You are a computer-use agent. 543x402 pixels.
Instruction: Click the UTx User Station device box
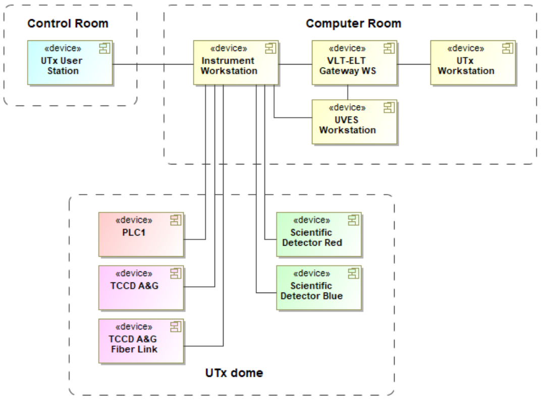tap(70, 63)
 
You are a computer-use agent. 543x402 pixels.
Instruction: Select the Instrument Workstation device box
tap(236, 63)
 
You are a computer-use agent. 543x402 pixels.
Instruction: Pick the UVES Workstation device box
tap(354, 122)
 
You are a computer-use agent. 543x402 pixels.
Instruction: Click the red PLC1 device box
tap(141, 235)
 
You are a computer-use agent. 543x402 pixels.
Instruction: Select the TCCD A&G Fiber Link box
tap(141, 341)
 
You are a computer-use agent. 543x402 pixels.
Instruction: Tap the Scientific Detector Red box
tap(319, 235)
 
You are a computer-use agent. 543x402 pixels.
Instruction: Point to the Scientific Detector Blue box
tap(319, 288)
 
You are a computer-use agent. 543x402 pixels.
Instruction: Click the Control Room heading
tap(68, 24)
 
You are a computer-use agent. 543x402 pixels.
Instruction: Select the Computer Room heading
tap(353, 24)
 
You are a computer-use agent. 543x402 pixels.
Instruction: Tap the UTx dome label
tap(234, 373)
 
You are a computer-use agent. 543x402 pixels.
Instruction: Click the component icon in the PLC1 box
tap(176, 219)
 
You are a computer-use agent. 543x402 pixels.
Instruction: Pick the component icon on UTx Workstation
tap(508, 48)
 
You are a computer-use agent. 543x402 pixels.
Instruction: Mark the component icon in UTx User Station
tap(105, 48)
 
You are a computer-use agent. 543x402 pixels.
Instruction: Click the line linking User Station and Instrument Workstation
tap(153, 64)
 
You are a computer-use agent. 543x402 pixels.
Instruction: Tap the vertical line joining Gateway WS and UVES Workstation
tap(348, 92)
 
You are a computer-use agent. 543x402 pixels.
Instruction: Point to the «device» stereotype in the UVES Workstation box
tap(347, 108)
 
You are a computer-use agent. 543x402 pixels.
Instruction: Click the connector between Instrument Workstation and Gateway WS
tap(295, 64)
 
